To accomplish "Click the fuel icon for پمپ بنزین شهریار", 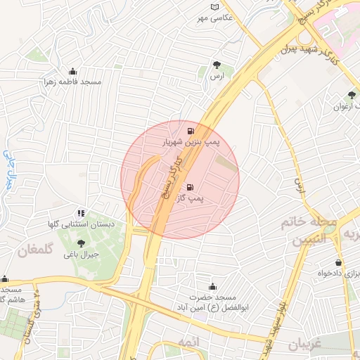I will point(190,131).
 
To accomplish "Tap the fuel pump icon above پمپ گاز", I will point(190,188).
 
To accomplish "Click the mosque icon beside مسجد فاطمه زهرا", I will point(72,71).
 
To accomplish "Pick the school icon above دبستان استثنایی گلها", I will point(82,212).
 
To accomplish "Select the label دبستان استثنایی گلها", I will point(81,224).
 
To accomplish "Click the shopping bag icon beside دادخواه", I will point(339,262).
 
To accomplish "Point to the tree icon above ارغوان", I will point(352,95).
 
